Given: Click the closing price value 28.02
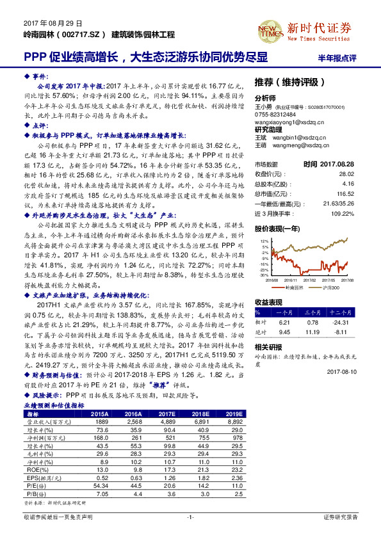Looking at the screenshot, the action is pyautogui.click(x=347, y=173).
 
